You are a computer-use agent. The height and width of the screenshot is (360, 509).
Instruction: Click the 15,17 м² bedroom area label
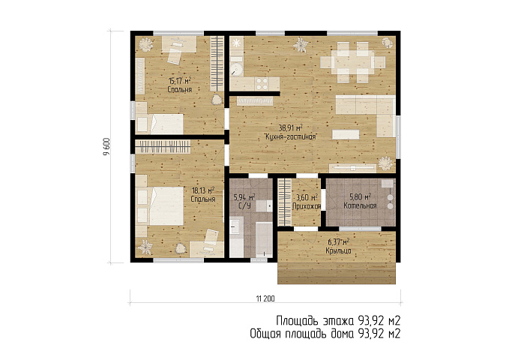click(179, 80)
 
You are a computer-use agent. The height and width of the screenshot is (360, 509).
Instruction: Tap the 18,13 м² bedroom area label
click(203, 190)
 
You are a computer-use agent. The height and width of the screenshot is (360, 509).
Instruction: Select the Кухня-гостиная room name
click(291, 137)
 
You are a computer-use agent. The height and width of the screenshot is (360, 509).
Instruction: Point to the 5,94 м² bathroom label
click(244, 197)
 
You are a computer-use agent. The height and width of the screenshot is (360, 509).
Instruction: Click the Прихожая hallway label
click(307, 206)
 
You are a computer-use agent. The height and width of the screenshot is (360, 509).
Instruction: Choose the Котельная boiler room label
click(360, 205)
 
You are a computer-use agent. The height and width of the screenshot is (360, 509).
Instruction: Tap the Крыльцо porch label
click(338, 250)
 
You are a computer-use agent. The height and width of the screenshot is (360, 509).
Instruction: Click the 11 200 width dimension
click(265, 298)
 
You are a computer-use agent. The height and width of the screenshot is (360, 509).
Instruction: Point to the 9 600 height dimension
click(107, 147)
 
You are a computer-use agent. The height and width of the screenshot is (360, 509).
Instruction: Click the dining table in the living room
click(352, 61)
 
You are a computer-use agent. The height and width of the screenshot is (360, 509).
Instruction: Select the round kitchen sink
click(237, 69)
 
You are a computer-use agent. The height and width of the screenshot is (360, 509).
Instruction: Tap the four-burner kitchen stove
click(262, 83)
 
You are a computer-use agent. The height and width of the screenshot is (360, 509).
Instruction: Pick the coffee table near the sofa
click(346, 134)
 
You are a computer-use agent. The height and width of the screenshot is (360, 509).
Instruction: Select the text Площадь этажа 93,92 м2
click(338, 321)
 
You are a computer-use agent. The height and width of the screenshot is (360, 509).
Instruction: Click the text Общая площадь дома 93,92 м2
click(325, 333)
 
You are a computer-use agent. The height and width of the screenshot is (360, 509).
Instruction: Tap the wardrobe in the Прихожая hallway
click(285, 202)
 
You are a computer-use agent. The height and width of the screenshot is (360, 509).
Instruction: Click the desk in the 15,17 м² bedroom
click(179, 44)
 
